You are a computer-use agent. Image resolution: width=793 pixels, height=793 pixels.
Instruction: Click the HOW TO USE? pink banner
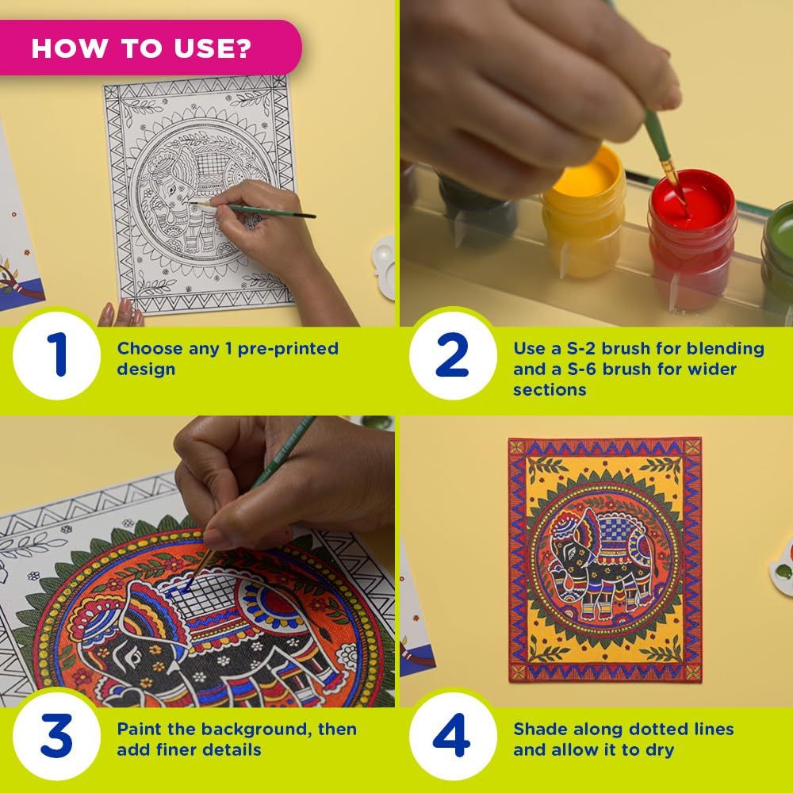coord(143,48)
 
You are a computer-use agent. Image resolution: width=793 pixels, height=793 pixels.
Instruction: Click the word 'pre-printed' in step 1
coord(289,348)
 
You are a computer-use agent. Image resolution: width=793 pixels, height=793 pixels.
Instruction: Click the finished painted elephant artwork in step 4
coord(604,559)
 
